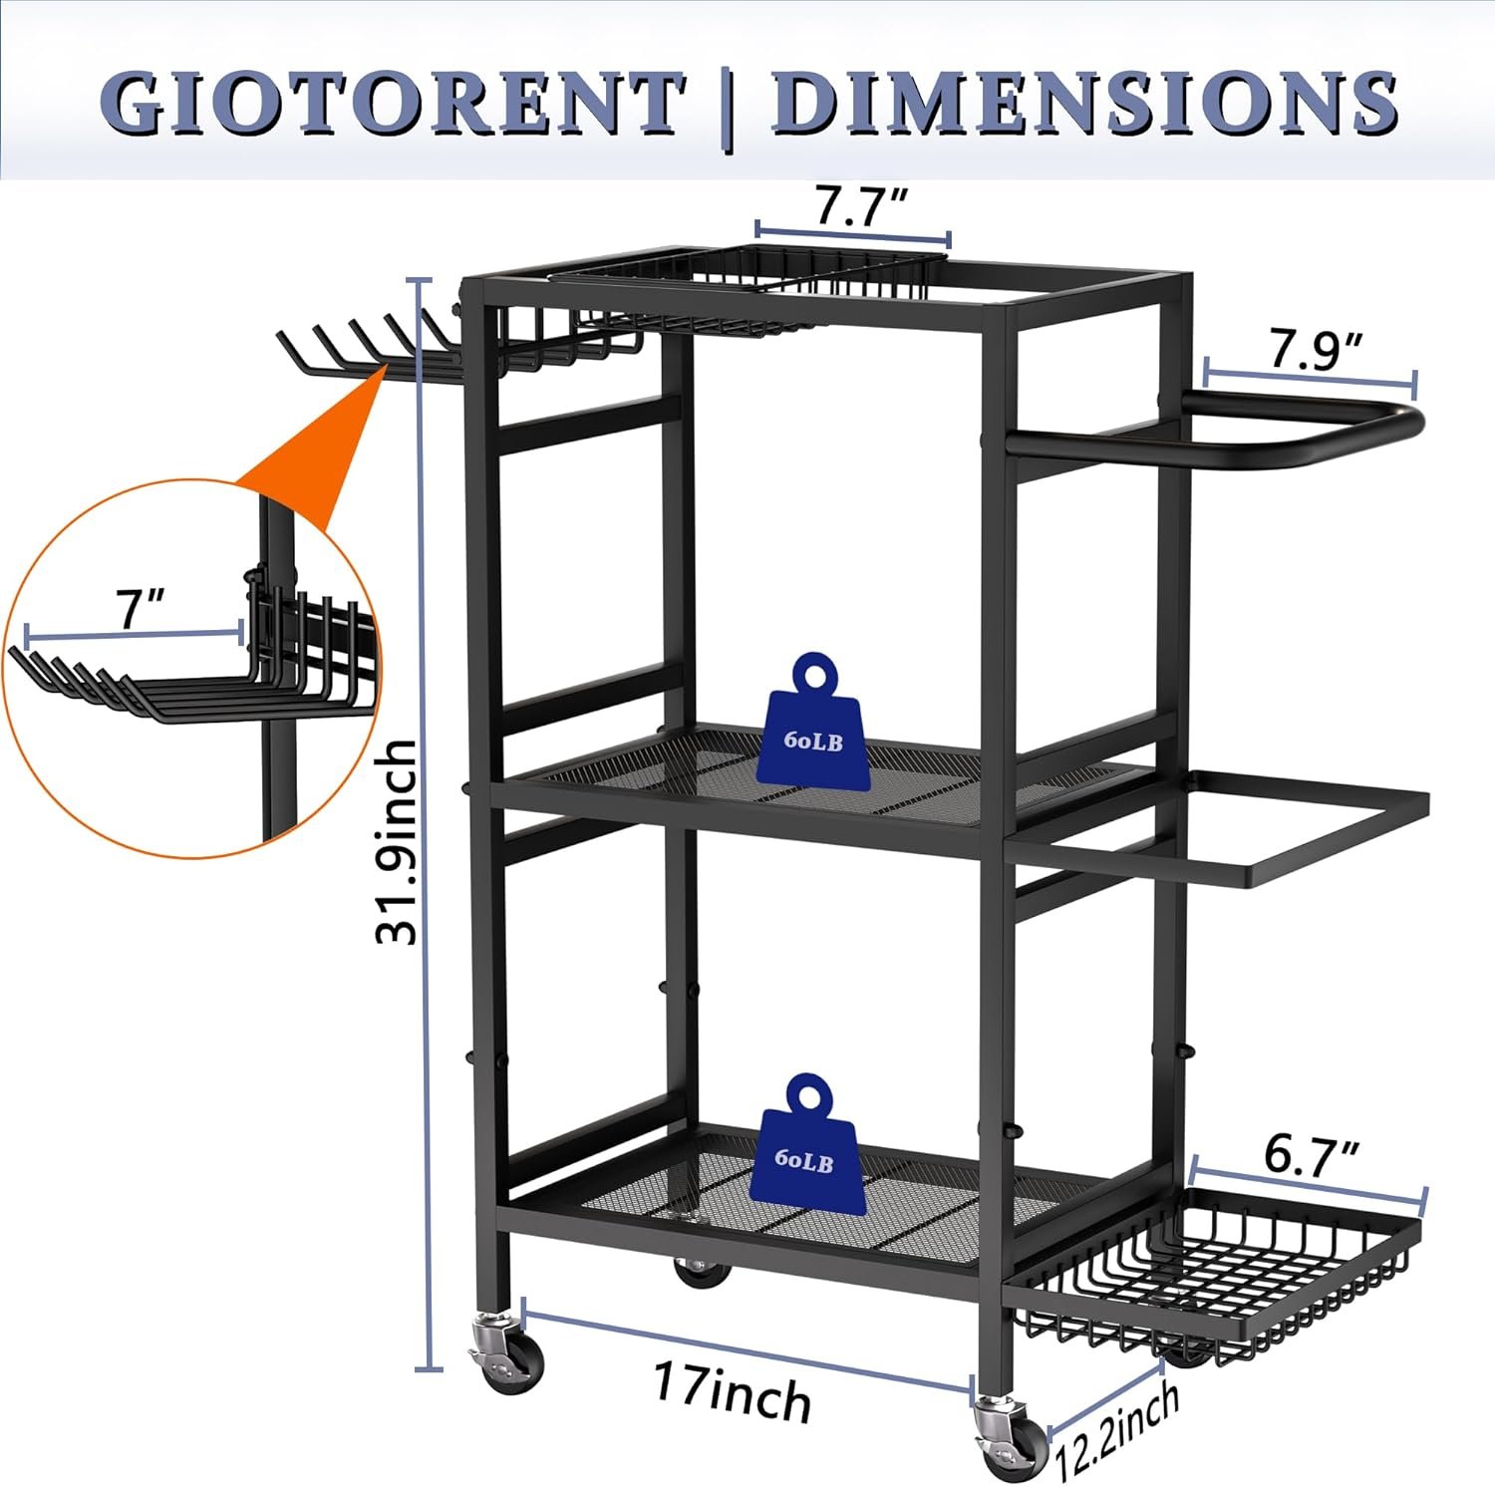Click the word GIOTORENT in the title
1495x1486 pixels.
point(393,102)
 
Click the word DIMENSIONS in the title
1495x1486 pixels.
point(1084,102)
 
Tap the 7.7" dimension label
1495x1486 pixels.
point(861,205)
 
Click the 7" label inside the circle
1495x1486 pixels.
point(137,608)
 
